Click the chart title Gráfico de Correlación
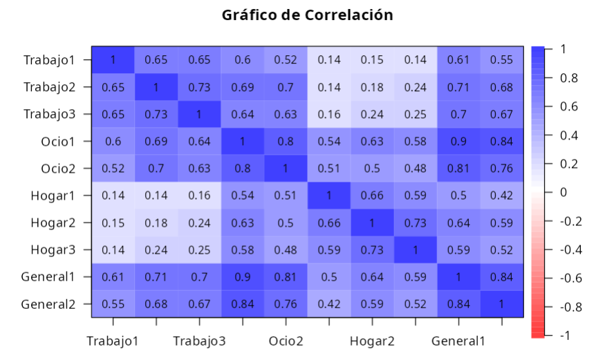[x=307, y=15]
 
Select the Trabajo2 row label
[x=48, y=87]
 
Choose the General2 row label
[x=48, y=304]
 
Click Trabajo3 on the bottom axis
[x=199, y=341]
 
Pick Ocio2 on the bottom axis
[x=286, y=341]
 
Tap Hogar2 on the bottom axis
[x=372, y=341]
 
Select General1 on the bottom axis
[x=458, y=341]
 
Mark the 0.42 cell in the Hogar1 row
[x=502, y=196]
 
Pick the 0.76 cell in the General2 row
[x=286, y=304]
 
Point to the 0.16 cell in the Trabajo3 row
[x=329, y=114]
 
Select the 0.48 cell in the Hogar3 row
[x=286, y=249]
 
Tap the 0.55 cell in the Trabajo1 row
[x=502, y=60]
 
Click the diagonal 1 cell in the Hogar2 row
[x=372, y=222]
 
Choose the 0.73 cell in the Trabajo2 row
[x=199, y=87]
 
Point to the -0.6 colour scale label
[x=570, y=278]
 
